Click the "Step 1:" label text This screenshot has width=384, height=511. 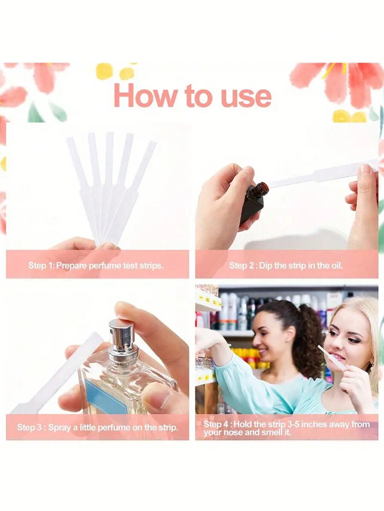41,266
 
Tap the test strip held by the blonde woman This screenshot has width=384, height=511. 331,357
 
